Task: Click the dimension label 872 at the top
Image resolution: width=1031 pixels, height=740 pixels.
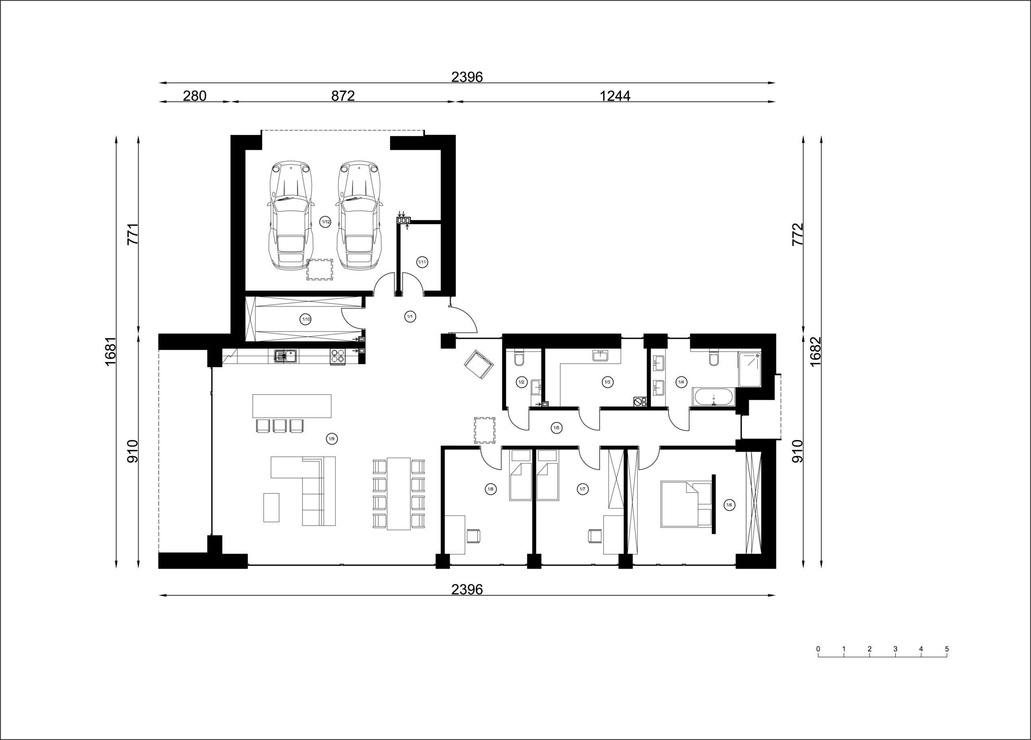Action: tap(343, 96)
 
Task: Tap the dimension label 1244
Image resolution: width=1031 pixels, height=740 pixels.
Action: tap(615, 96)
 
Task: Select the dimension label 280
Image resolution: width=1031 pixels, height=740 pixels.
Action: tap(195, 96)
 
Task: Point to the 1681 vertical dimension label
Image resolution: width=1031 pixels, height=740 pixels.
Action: tap(111, 351)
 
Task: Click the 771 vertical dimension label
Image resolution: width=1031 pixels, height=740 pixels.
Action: tap(132, 234)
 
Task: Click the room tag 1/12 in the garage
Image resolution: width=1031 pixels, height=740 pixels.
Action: tap(325, 222)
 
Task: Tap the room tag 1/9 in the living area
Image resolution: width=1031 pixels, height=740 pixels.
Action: tap(332, 438)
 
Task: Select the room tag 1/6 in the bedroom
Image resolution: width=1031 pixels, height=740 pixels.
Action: tap(729, 505)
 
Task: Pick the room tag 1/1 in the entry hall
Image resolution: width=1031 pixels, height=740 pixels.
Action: tap(410, 316)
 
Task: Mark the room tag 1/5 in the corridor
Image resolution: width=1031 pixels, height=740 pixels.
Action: tap(555, 428)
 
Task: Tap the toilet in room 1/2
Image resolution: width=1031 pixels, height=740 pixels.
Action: tap(519, 359)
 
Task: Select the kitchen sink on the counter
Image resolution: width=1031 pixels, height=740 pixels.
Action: tap(285, 356)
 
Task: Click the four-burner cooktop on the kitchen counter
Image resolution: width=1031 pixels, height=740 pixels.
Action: tap(337, 356)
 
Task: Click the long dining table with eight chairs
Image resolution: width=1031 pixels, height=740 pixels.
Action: tap(399, 494)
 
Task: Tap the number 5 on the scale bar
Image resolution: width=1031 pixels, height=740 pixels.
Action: tap(947, 649)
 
